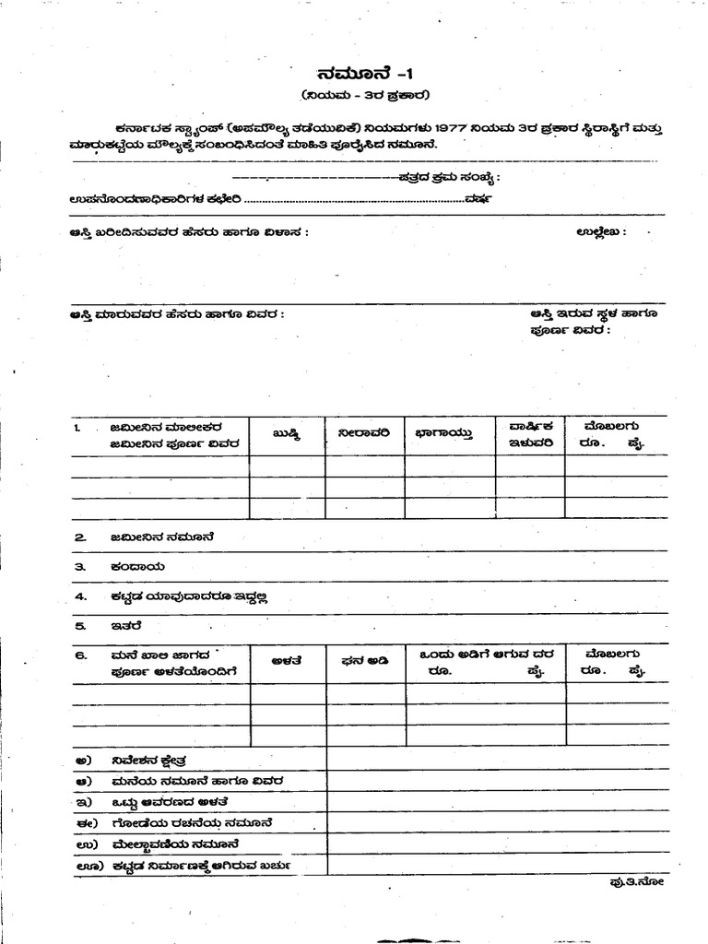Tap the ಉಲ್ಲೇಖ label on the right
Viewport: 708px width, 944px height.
(600, 231)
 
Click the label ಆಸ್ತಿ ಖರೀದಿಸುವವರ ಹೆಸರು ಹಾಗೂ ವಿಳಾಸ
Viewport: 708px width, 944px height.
(189, 232)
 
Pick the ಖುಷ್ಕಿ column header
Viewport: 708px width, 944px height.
(286, 431)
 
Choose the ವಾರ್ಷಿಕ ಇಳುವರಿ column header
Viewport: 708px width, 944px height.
(530, 433)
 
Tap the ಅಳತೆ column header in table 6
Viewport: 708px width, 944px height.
(286, 661)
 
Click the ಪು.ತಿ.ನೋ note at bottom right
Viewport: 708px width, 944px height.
(636, 882)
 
